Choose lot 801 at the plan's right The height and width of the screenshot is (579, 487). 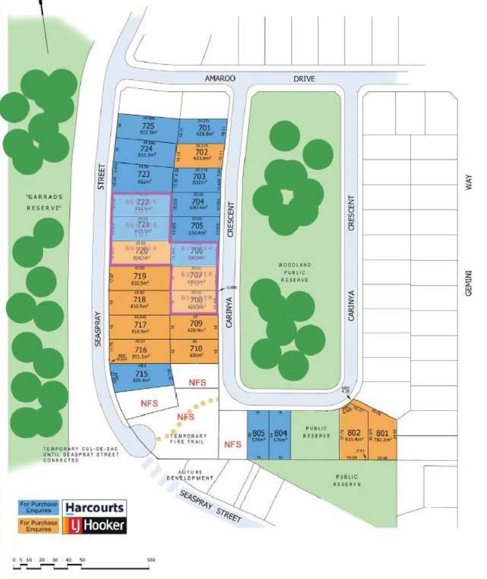click(382, 435)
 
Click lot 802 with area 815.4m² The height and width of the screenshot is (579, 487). click(354, 435)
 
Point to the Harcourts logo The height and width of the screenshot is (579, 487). click(94, 507)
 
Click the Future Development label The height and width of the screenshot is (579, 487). click(190, 475)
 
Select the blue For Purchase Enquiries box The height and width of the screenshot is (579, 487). click(38, 507)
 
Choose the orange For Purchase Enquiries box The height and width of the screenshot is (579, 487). click(38, 525)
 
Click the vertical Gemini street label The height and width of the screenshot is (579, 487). click(468, 283)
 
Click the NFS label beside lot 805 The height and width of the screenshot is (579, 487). click(233, 444)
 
